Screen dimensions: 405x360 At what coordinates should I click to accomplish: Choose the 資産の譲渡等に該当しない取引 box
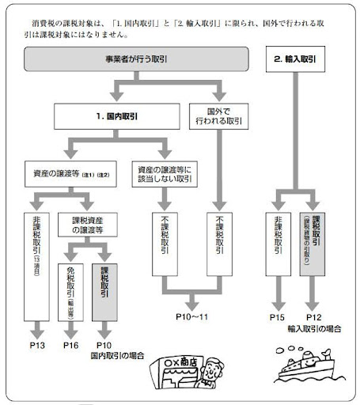pos(166,174)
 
